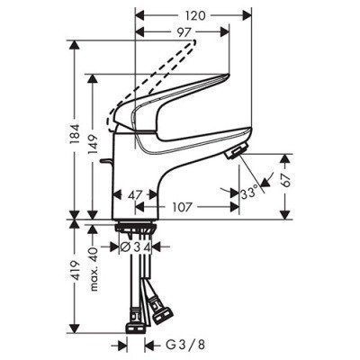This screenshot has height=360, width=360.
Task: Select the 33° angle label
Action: pos(251,192)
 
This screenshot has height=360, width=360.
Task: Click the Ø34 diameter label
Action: pos(137,245)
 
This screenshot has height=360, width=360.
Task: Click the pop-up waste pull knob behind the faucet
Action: pos(110,164)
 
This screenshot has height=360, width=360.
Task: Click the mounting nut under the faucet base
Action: pos(139,228)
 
